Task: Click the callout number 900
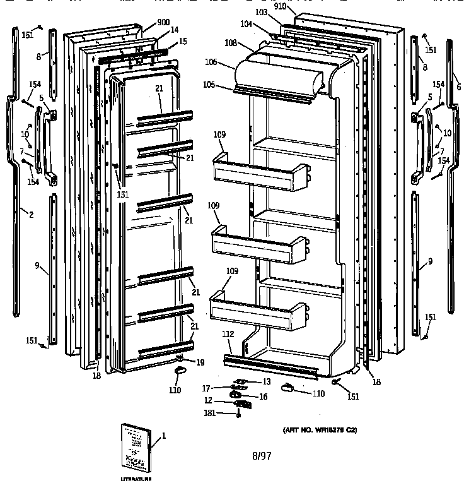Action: coord(163,22)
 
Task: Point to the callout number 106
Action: coord(211,62)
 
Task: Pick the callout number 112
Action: coord(228,335)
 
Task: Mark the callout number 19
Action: coord(200,362)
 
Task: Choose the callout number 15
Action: coord(183,41)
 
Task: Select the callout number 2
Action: coord(30,215)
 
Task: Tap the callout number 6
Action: coord(458,86)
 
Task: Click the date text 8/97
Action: coord(260,455)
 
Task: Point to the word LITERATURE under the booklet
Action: coord(136,479)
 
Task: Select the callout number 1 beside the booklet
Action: coord(165,435)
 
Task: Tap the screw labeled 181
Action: coord(239,414)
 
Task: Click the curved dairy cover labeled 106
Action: coord(277,73)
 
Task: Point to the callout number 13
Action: coord(267,381)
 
